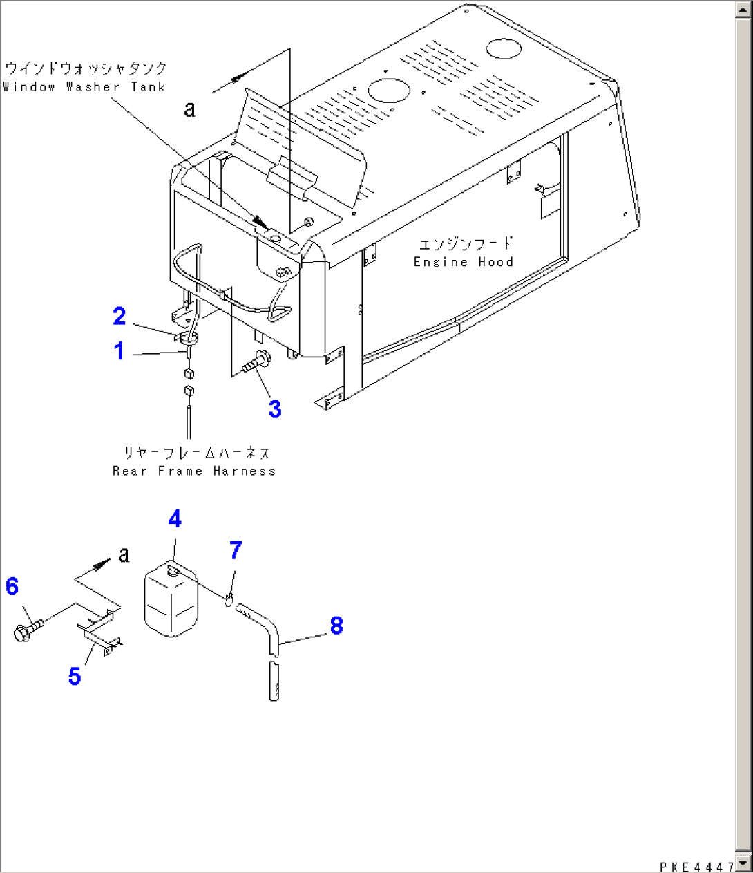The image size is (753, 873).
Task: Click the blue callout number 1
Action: point(119,351)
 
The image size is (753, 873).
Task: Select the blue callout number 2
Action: point(119,316)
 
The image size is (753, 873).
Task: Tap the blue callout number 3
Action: point(275,409)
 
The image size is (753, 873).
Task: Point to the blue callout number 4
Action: point(175,518)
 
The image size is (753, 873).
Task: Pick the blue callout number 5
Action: point(75,675)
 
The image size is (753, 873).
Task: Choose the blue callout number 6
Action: point(12,586)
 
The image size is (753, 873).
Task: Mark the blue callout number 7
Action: point(236,550)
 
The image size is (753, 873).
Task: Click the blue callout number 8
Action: point(336,626)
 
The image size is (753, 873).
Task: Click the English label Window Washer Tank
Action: point(84,87)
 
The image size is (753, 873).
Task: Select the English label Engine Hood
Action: point(464,262)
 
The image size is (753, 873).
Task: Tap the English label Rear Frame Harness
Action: point(194,471)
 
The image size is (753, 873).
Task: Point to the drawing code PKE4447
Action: point(696,867)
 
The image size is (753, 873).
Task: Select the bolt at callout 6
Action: point(28,630)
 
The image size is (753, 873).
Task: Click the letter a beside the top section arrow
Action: point(190,109)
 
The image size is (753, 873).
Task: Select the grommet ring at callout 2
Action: point(189,338)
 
